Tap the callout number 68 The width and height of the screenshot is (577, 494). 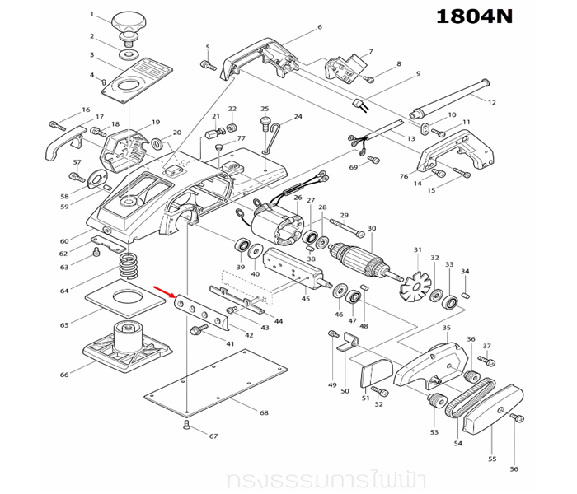[263, 412]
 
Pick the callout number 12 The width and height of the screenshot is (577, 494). [491, 102]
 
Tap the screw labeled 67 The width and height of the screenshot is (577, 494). [186, 425]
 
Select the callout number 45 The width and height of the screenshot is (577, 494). [306, 299]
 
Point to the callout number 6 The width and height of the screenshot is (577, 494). [319, 27]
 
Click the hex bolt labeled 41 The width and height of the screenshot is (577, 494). [199, 331]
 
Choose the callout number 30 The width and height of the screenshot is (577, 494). [372, 228]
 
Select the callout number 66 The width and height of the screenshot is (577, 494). [64, 375]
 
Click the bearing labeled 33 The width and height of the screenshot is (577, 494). [450, 299]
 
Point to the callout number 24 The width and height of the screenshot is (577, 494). [298, 117]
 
